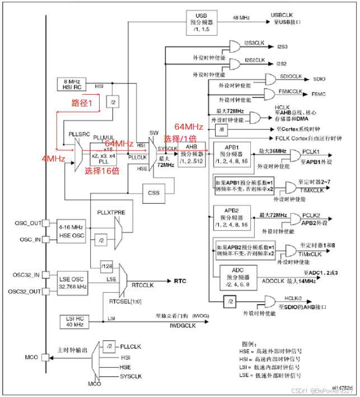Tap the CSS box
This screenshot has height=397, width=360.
click(154, 192)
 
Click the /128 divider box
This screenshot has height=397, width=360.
click(107, 264)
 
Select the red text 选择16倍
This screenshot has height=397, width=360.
click(101, 171)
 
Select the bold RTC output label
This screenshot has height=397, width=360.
click(180, 281)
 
